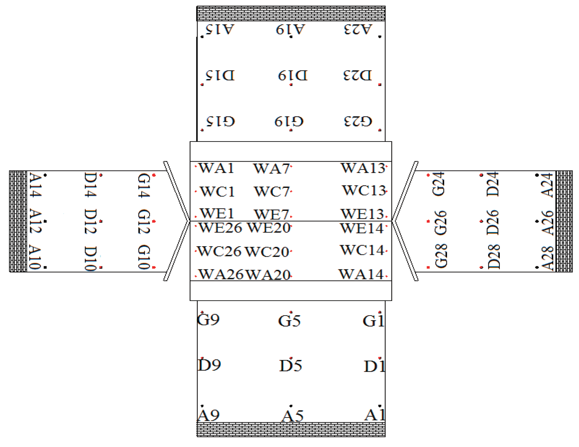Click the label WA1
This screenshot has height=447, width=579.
pyautogui.click(x=216, y=168)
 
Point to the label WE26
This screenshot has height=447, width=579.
pyautogui.click(x=220, y=228)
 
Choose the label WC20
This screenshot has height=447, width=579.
pyautogui.click(x=267, y=252)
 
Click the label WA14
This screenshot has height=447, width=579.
pyautogui.click(x=361, y=274)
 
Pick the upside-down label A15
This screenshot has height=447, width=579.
pyautogui.click(x=220, y=30)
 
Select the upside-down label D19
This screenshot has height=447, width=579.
pyautogui.click(x=293, y=76)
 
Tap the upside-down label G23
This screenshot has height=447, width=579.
pyautogui.click(x=358, y=121)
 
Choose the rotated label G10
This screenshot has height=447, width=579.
pyautogui.click(x=144, y=257)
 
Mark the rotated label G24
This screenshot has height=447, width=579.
pyautogui.click(x=439, y=184)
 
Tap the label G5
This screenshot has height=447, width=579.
pyautogui.click(x=289, y=321)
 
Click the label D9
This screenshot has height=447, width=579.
pyautogui.click(x=209, y=365)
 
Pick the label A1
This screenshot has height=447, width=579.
pyautogui.click(x=375, y=415)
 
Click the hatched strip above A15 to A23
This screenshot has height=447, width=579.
pyautogui.click(x=291, y=14)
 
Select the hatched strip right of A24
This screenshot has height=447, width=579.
pyautogui.click(x=564, y=221)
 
